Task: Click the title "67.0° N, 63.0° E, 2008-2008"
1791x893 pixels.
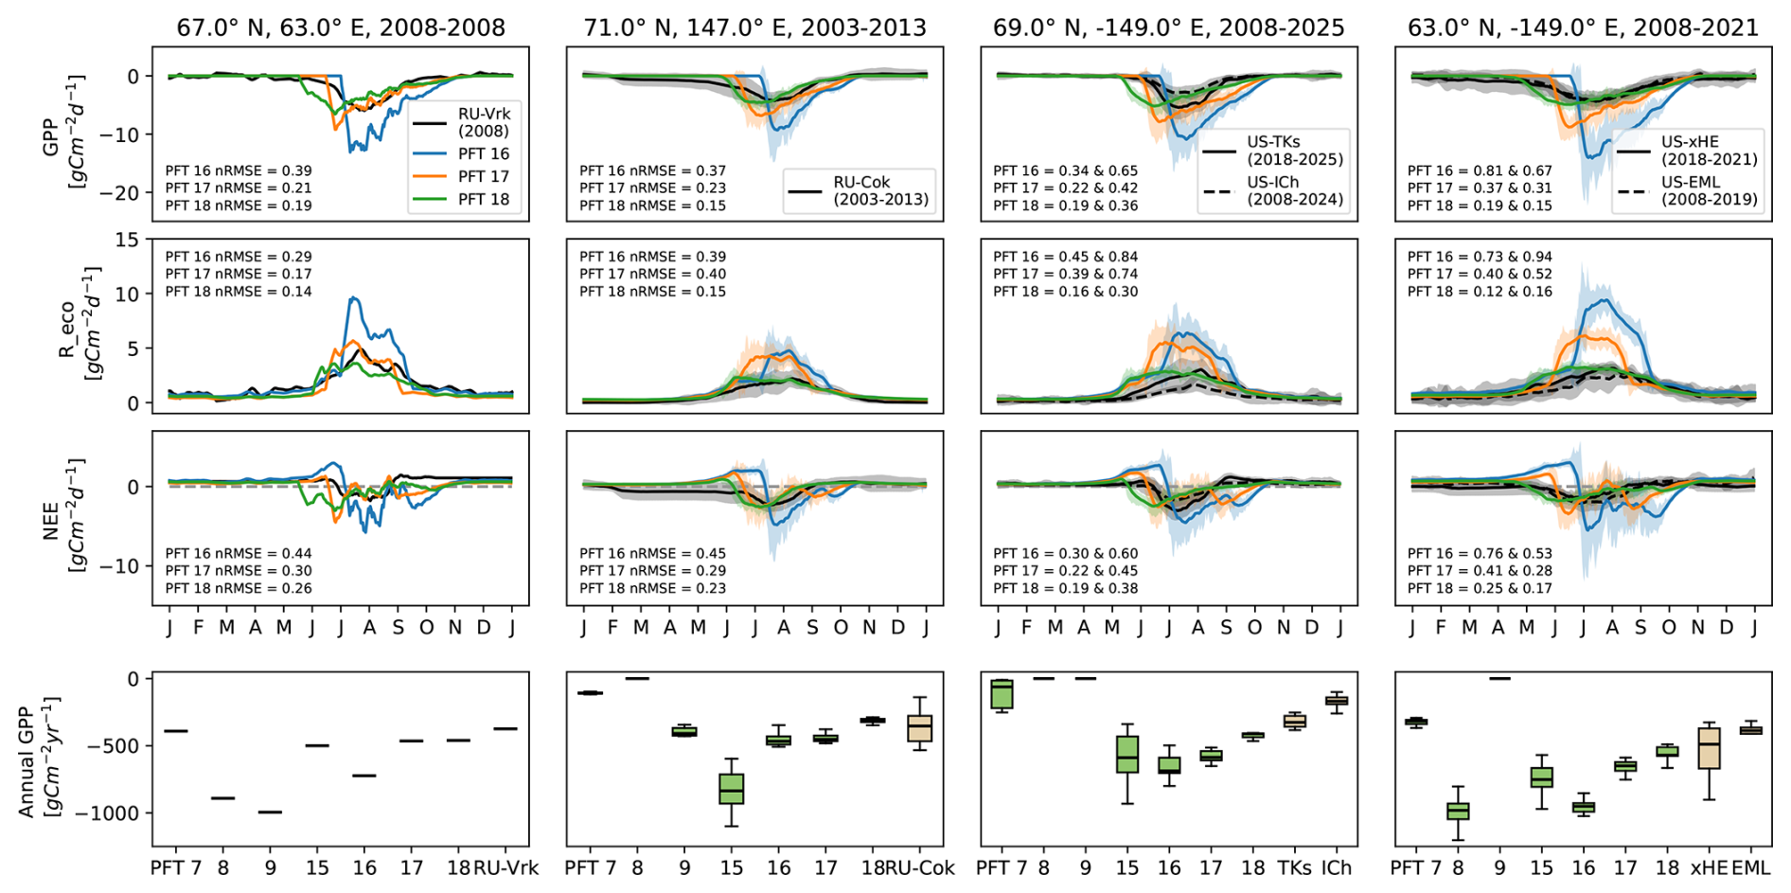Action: (341, 27)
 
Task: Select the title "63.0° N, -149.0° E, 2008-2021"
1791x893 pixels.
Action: (1583, 27)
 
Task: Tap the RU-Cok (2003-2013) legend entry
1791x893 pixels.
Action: (859, 190)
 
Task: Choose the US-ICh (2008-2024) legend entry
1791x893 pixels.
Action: (1273, 190)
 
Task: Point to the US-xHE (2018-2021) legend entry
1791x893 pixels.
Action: (1688, 151)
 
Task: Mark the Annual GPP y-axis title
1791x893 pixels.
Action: (38, 758)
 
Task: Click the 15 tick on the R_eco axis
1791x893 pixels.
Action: (127, 240)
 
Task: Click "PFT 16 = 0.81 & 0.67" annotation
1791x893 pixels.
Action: (1480, 170)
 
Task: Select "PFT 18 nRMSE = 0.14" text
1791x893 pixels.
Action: (239, 292)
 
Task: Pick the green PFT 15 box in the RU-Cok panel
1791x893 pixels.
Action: (731, 789)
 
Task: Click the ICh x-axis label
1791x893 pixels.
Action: (1336, 867)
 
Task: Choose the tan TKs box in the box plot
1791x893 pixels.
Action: (1294, 722)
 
